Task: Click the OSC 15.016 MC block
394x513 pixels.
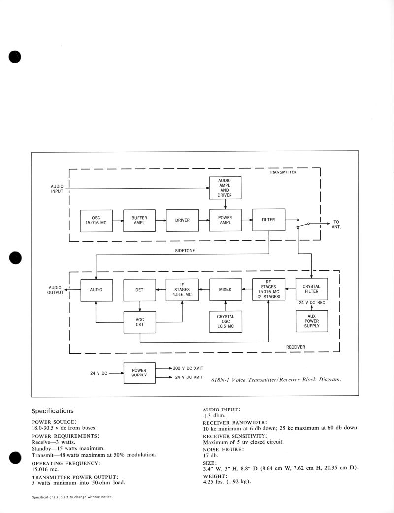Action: [97, 221]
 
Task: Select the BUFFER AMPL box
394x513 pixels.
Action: [139, 220]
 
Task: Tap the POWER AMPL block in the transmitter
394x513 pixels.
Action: [225, 220]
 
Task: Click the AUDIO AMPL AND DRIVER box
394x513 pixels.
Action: [225, 188]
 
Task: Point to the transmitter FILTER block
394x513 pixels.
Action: [268, 220]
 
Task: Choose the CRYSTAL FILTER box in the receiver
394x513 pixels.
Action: [311, 289]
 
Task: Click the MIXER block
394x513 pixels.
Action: [225, 290]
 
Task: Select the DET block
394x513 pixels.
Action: [139, 290]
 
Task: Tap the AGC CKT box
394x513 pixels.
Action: [139, 322]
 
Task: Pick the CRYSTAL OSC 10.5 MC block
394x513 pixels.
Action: [225, 321]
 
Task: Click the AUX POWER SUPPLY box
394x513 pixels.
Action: [311, 321]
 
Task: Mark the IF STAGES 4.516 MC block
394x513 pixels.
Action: [182, 290]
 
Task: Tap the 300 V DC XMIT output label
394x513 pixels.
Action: [188, 368]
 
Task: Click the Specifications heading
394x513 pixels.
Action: [52, 410]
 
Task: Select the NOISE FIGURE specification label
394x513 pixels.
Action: [223, 449]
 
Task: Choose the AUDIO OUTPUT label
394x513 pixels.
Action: [55, 290]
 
